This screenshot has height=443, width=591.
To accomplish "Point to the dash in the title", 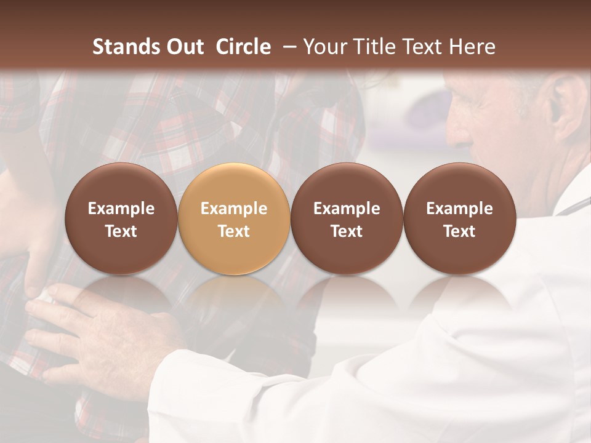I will [286, 47].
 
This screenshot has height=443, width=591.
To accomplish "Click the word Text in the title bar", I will [422, 47].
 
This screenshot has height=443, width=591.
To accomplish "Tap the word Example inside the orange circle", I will [234, 209].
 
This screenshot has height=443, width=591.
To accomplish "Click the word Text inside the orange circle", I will [234, 231].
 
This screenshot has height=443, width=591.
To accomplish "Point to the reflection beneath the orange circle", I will [234, 295].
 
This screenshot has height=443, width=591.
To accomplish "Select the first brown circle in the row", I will [121, 218].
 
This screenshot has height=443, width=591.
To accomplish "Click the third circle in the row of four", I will [347, 218].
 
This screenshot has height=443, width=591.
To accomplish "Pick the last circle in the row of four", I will [459, 218].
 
